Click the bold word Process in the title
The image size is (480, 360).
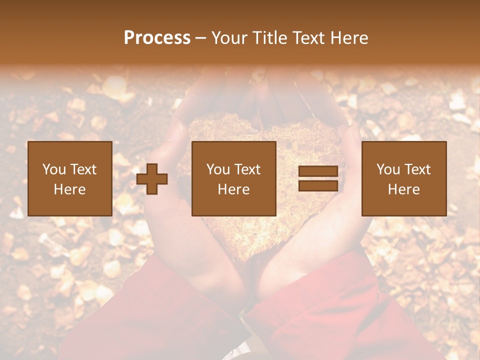pos(157,38)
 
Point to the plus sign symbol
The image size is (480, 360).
pos(152,179)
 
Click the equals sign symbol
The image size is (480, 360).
pos(318,179)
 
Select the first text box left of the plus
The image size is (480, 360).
pos(69,179)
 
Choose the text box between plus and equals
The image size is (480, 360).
pos(233,179)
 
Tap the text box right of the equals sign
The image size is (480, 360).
pos(403,179)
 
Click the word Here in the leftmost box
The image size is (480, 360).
pos(69,189)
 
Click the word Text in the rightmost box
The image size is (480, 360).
pos(417,169)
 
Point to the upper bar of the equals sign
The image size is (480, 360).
pos(318,172)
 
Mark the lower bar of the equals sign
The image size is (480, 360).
pos(318,186)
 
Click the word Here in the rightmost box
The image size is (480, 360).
pos(403,189)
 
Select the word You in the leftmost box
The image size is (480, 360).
pos(54,169)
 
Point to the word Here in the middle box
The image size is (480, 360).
pos(233,189)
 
